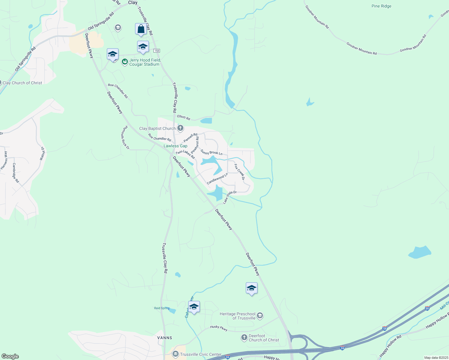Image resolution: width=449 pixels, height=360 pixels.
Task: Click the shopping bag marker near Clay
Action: pyautogui.click(x=141, y=29)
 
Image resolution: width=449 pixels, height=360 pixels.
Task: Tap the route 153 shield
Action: pyautogui.click(x=156, y=51)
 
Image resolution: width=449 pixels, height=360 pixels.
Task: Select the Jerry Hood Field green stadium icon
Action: pyautogui.click(x=125, y=62)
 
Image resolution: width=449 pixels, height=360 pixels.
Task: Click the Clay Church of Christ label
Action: pyautogui.click(x=22, y=83)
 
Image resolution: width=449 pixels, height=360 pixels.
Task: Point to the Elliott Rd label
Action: pyautogui.click(x=184, y=117)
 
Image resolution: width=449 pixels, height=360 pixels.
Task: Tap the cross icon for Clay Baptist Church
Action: pyautogui.click(x=180, y=128)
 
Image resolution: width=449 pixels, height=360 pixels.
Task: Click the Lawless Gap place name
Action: pyautogui.click(x=175, y=146)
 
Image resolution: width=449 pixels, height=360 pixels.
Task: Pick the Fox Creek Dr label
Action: pyautogui.click(x=240, y=172)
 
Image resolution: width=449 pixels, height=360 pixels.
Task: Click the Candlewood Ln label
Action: pyautogui.click(x=217, y=179)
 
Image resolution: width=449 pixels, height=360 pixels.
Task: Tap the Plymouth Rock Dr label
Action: pyautogui.click(x=125, y=137)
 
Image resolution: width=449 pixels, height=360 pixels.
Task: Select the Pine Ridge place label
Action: pyautogui.click(x=381, y=6)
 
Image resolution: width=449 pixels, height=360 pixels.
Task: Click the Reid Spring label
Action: pyautogui.click(x=162, y=308)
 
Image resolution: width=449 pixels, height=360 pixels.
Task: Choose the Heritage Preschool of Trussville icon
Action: pyautogui.click(x=260, y=316)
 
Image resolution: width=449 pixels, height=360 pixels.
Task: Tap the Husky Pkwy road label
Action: pyautogui.click(x=218, y=328)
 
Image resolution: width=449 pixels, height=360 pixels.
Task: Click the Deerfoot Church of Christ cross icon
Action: pyautogui.click(x=244, y=338)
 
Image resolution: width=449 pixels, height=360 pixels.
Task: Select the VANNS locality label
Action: pyautogui.click(x=165, y=338)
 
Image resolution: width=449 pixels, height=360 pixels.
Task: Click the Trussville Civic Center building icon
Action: pyautogui.click(x=175, y=354)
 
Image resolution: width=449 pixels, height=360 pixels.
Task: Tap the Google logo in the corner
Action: pyautogui.click(x=10, y=356)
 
